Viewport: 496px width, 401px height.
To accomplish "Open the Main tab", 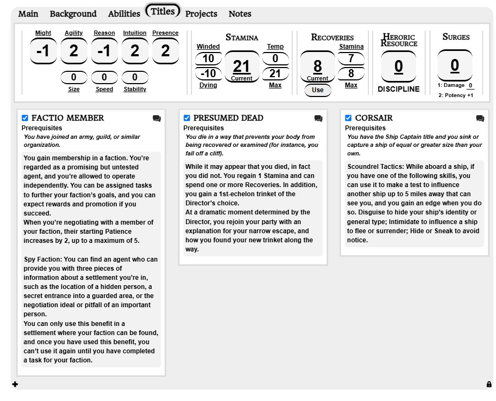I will click(x=28, y=14).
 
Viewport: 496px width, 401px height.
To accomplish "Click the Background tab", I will click(x=73, y=14).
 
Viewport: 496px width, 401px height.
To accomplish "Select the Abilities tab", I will click(x=124, y=14).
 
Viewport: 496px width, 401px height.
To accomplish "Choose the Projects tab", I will click(x=201, y=14).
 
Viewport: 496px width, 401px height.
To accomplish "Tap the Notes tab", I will click(x=240, y=14).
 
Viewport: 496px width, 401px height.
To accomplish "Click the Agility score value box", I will click(x=74, y=51).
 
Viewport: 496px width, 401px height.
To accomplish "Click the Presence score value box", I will click(x=165, y=51).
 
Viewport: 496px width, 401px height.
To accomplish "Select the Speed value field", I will click(x=105, y=78).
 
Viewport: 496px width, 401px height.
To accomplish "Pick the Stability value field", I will click(x=135, y=78).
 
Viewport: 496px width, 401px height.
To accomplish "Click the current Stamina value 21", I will click(x=242, y=66).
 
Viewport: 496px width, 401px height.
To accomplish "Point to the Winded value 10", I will click(x=208, y=58).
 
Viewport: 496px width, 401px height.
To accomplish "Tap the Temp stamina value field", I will click(x=275, y=58).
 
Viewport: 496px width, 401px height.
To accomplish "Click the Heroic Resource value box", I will click(x=398, y=66).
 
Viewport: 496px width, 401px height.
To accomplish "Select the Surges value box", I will click(x=455, y=65).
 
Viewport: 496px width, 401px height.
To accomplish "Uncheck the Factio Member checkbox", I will click(x=25, y=118).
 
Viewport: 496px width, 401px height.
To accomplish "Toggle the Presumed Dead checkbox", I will click(x=187, y=118).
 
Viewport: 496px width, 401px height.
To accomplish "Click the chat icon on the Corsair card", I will click(x=480, y=118).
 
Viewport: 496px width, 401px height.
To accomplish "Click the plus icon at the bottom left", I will click(x=15, y=384).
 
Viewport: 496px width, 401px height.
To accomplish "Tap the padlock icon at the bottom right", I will click(x=488, y=384).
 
